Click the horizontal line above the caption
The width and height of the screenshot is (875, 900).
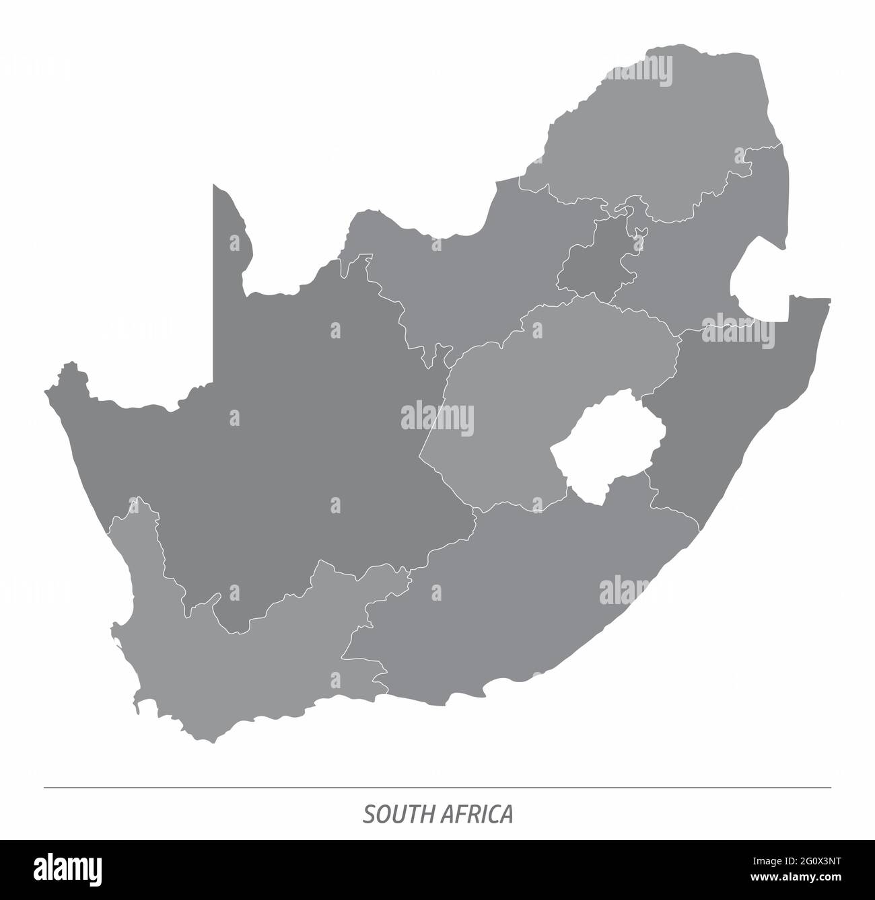point(438,787)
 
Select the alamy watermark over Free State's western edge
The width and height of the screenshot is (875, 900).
point(438,419)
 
